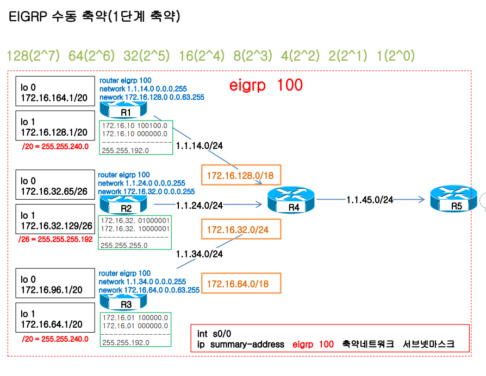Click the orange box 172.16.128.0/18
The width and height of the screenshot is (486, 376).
point(241,176)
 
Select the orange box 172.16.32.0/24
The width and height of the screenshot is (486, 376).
point(242,230)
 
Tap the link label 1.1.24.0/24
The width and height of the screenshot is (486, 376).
point(199,205)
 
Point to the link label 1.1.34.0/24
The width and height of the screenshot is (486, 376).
point(199,253)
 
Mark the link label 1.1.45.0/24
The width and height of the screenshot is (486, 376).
point(370,200)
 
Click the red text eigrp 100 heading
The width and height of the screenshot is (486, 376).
point(266,85)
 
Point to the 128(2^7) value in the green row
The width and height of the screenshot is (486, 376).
point(32,55)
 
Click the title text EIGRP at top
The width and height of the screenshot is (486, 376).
point(28,17)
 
